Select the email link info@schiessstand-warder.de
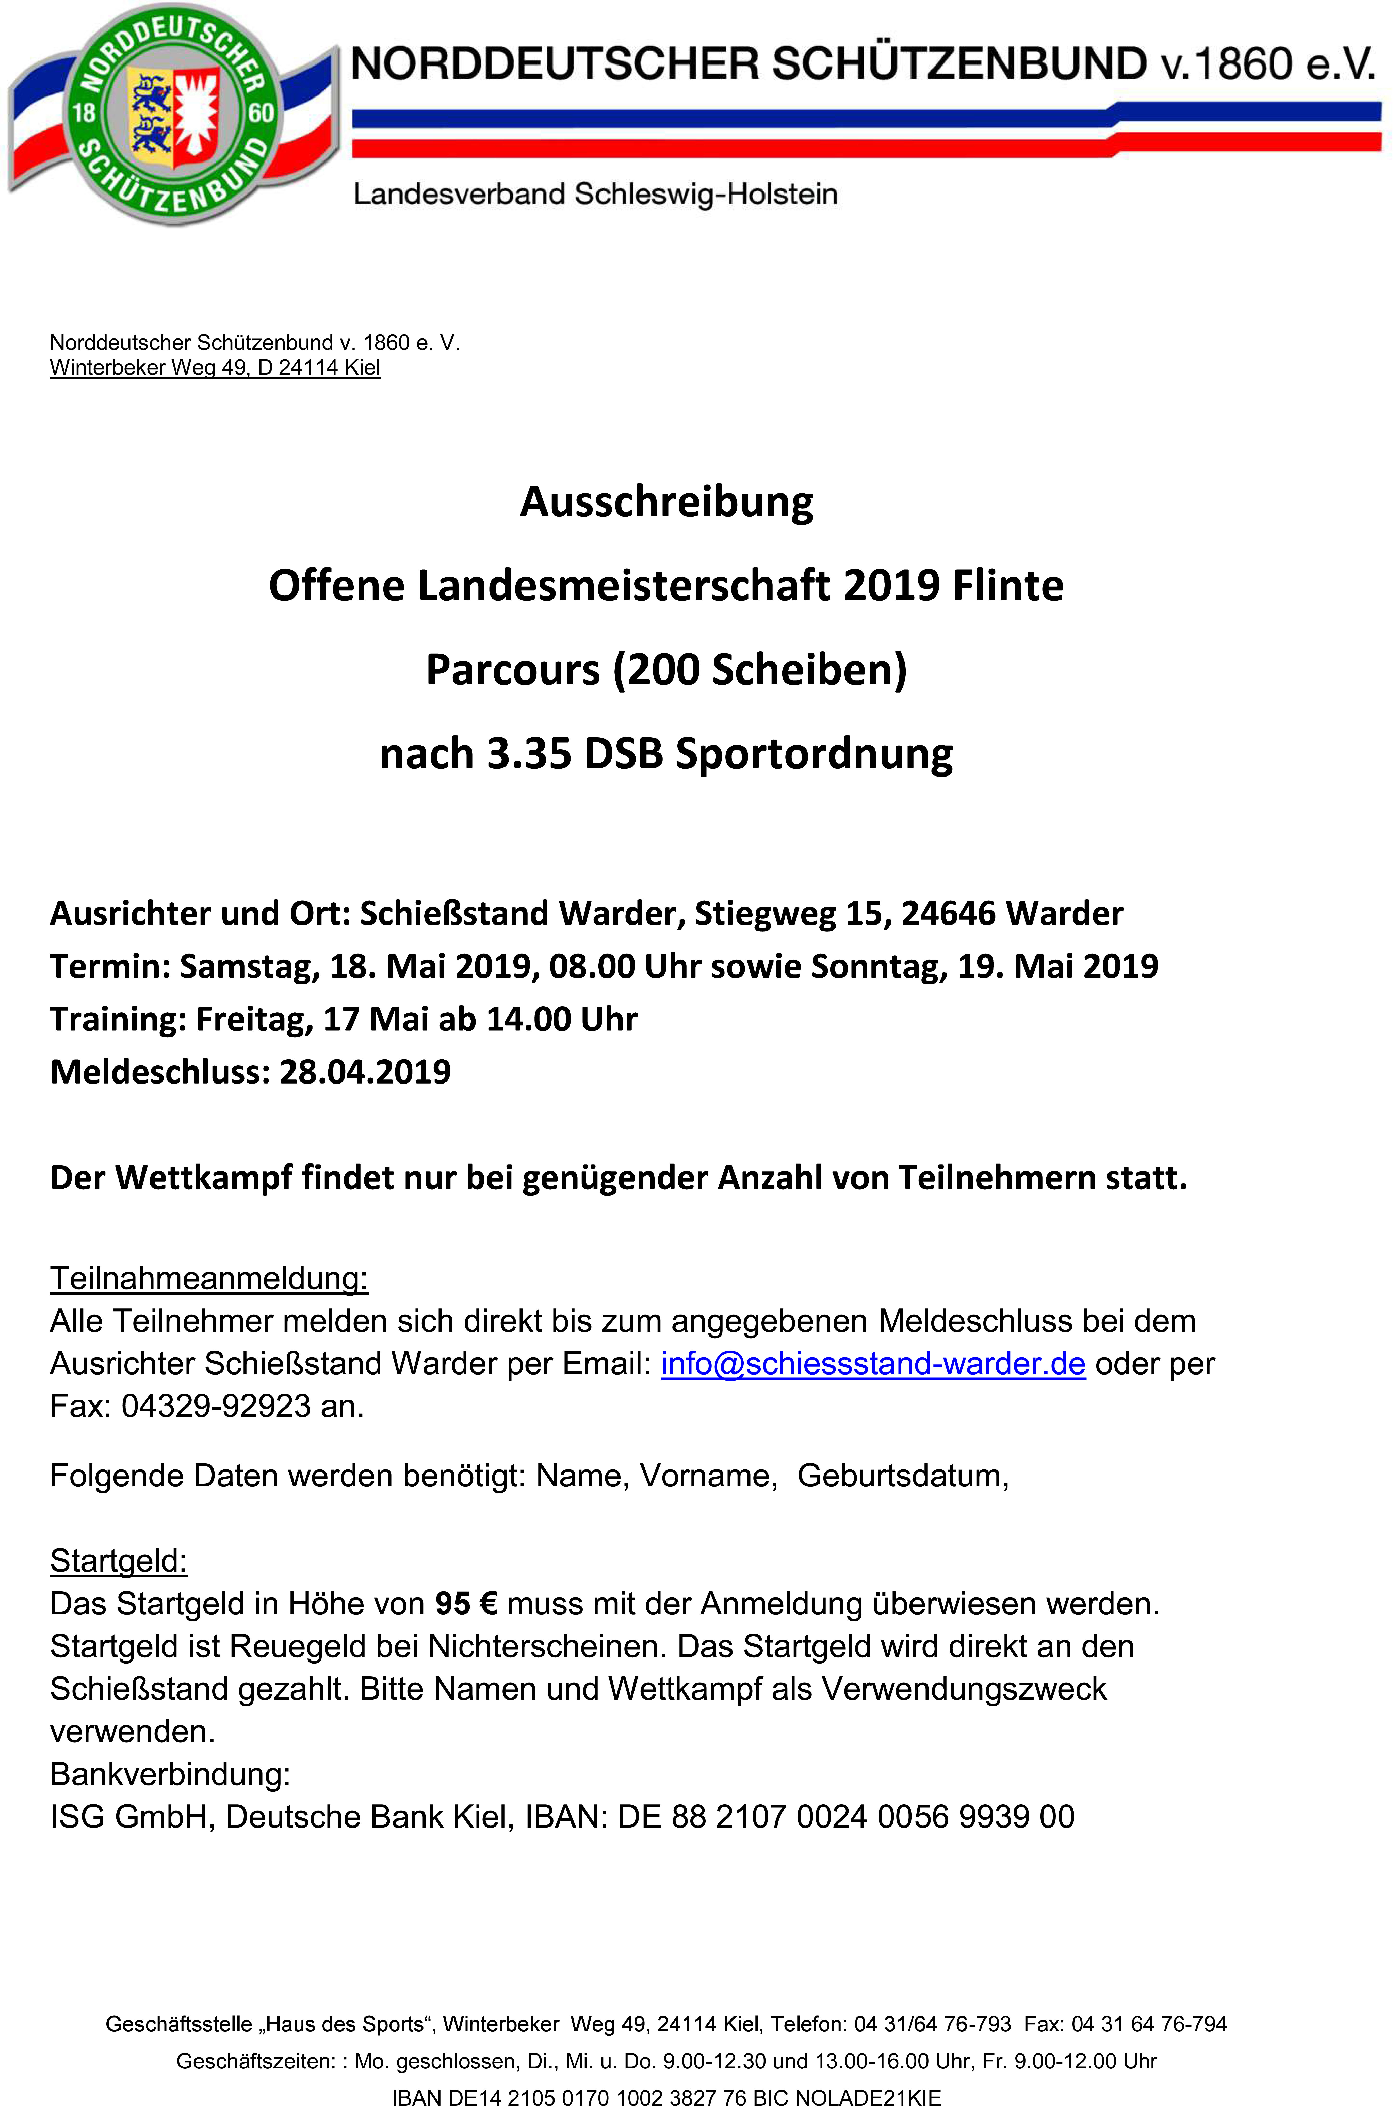pyautogui.click(x=873, y=1363)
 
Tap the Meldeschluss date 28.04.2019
pyautogui.click(x=365, y=1071)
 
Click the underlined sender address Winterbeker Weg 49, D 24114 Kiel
pyautogui.click(x=215, y=367)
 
